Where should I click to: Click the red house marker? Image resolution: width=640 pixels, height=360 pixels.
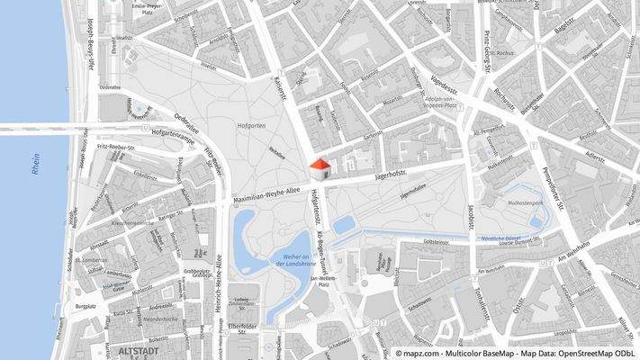319,167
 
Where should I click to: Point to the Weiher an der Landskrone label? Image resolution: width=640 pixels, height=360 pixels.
291,263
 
